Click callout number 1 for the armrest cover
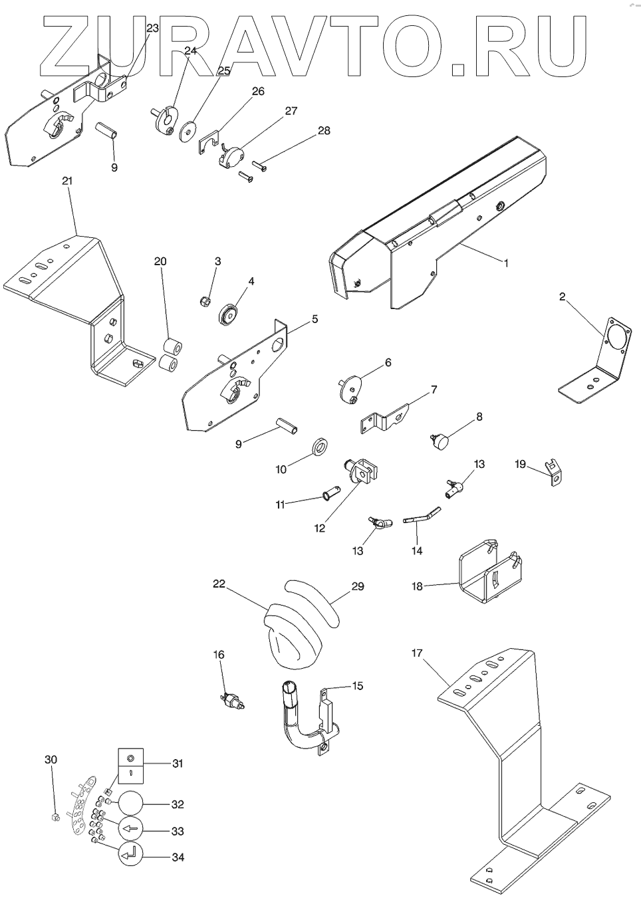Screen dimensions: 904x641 pyautogui.click(x=505, y=263)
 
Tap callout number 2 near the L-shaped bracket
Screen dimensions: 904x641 pyautogui.click(x=562, y=297)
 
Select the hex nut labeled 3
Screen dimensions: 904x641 pyautogui.click(x=206, y=302)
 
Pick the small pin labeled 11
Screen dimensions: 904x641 pyautogui.click(x=330, y=493)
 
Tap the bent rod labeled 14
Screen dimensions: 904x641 pyautogui.click(x=420, y=516)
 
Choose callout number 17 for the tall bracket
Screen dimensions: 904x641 pyautogui.click(x=417, y=653)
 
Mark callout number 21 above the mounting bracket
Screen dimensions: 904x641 pyautogui.click(x=67, y=181)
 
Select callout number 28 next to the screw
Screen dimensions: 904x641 pyautogui.click(x=324, y=130)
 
